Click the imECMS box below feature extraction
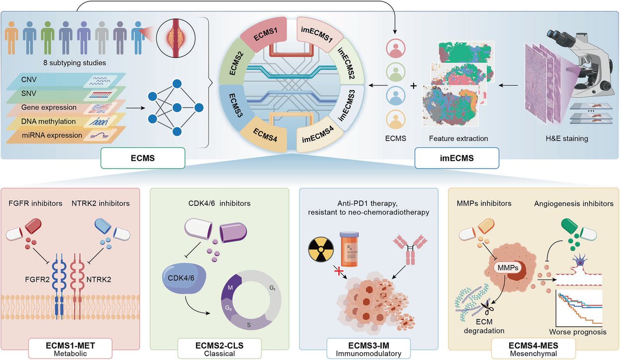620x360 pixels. [457, 158]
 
